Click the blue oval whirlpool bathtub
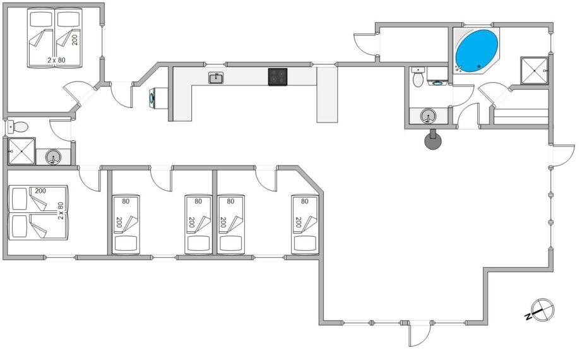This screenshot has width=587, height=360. click(x=477, y=49)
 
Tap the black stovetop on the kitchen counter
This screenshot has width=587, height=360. click(x=277, y=77)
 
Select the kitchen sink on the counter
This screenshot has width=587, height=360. click(x=216, y=78)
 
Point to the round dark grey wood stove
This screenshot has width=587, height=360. click(x=433, y=141)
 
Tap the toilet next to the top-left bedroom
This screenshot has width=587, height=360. click(x=17, y=126)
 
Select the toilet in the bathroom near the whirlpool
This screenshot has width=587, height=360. click(x=418, y=77)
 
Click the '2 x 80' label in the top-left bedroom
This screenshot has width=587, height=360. click(x=57, y=60)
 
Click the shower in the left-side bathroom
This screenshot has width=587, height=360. click(x=21, y=151)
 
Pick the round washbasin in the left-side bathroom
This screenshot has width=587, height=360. click(x=53, y=157)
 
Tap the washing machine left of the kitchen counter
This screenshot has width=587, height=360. click(x=158, y=98)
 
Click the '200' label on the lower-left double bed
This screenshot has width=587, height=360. click(x=40, y=191)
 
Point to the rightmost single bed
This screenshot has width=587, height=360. click(x=305, y=224)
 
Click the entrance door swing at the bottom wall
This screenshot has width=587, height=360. click(x=420, y=334)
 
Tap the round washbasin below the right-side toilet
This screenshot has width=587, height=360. click(x=429, y=116)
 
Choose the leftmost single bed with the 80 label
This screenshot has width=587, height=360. click(x=126, y=224)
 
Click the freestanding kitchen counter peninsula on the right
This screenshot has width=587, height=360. click(x=327, y=94)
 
